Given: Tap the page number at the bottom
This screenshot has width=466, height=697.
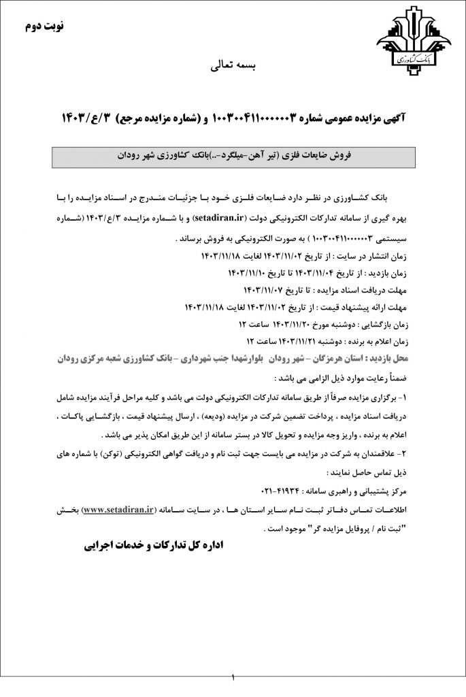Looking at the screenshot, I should tap(233, 678).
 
